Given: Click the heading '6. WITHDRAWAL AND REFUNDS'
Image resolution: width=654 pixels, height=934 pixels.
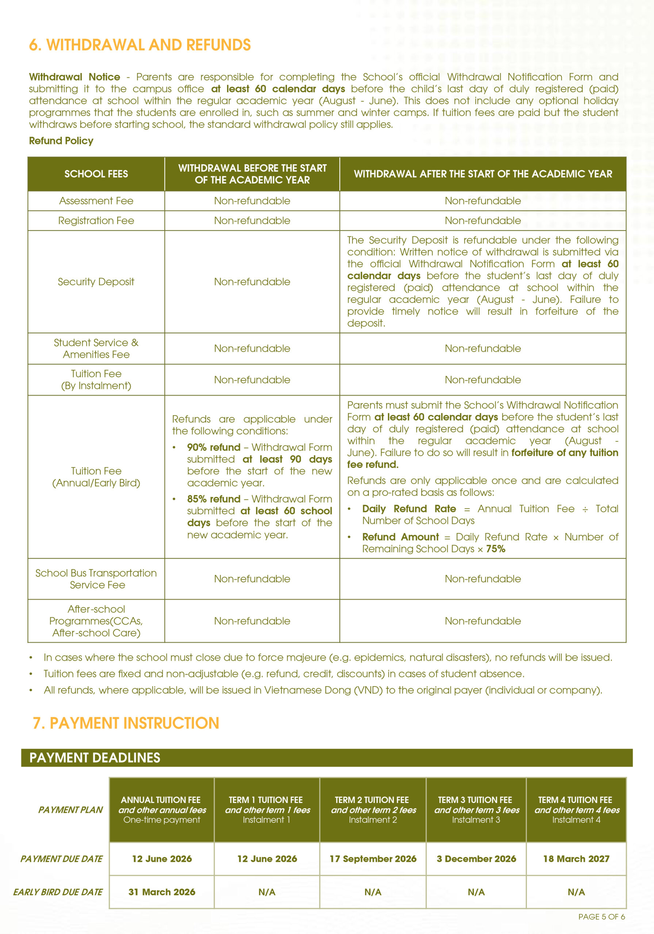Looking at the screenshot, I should [139, 45].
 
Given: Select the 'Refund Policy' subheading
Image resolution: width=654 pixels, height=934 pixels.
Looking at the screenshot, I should [61, 141].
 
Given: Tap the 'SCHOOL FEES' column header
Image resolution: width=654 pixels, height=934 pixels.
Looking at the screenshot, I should [96, 174].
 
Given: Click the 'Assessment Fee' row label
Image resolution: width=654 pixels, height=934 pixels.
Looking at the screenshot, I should [96, 201].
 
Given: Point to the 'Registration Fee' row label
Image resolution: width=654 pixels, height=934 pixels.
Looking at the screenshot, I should [96, 220].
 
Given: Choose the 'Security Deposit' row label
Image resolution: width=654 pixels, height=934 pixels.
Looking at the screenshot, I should [96, 282].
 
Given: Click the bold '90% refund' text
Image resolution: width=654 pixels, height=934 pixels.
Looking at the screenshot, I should [213, 447].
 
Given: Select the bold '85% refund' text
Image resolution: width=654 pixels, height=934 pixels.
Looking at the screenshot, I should [213, 499].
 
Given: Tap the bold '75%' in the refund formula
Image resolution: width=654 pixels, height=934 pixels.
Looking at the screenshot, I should [495, 549].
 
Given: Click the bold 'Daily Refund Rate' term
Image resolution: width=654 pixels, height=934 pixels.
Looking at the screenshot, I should [409, 509].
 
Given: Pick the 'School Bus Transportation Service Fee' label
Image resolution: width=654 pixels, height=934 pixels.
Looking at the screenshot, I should [96, 579].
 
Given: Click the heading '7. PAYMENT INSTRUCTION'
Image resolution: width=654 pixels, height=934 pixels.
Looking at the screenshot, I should [126, 723].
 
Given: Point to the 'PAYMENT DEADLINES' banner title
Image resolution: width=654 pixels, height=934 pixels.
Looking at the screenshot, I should [95, 757].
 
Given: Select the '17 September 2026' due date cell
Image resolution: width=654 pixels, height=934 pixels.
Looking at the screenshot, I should [373, 859].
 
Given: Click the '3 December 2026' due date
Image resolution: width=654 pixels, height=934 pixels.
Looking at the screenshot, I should [476, 859].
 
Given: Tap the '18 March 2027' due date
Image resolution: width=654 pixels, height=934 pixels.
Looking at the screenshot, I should [576, 859].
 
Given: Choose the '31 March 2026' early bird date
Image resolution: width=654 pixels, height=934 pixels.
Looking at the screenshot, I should [162, 892].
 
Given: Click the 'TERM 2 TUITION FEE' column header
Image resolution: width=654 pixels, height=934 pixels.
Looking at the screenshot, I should [373, 800].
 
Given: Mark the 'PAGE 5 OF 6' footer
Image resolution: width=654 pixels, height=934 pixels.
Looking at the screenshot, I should [601, 916].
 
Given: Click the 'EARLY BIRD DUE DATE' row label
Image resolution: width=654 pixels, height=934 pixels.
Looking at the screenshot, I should [58, 892].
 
